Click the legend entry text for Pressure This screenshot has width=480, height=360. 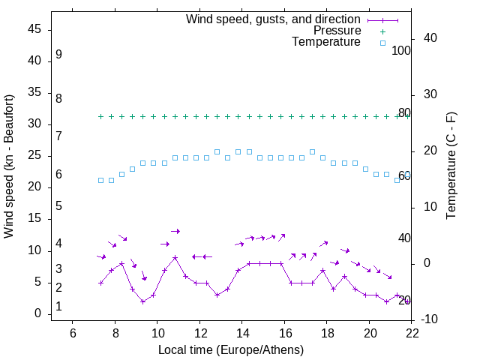(x=337, y=31)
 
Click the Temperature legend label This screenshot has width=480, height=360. (x=326, y=42)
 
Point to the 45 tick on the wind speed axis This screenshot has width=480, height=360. (x=36, y=29)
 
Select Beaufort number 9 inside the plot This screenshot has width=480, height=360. (x=58, y=55)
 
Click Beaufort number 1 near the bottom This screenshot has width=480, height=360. (x=58, y=307)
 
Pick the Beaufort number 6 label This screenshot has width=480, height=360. (x=58, y=175)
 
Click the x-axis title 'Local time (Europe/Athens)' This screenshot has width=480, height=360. (x=231, y=349)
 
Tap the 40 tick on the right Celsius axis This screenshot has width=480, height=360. (x=430, y=38)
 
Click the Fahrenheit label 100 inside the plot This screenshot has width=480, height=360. (x=401, y=51)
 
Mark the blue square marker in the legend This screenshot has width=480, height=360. (x=382, y=43)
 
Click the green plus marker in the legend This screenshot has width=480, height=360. (x=382, y=31)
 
